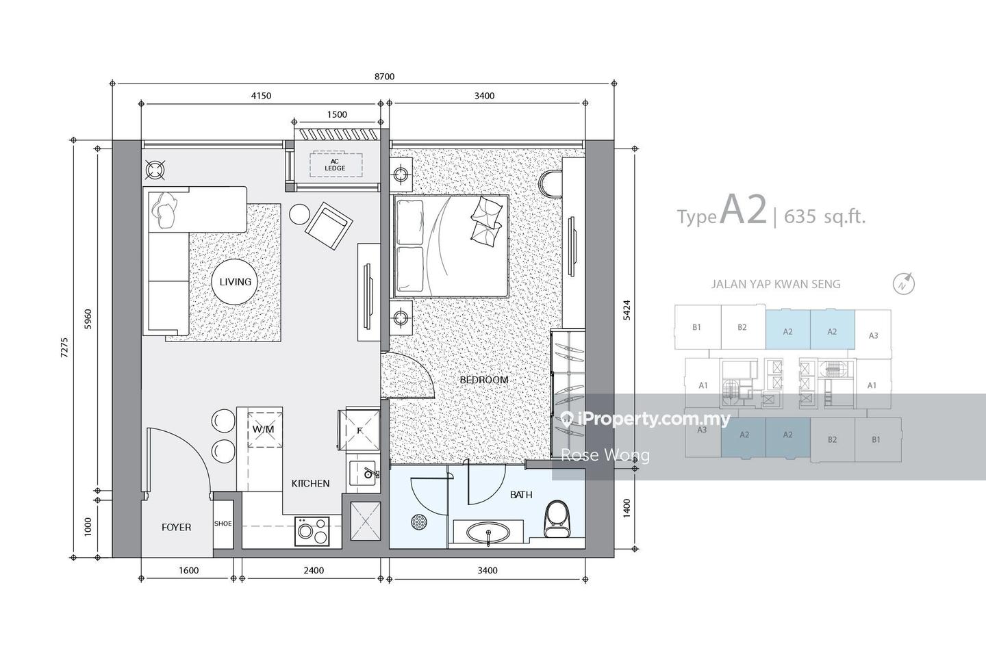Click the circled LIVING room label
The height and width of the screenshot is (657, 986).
[235, 281]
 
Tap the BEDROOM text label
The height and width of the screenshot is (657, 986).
[483, 380]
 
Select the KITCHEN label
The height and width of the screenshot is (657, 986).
[310, 483]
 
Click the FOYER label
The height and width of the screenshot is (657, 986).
[176, 527]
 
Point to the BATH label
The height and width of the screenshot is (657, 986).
[521, 495]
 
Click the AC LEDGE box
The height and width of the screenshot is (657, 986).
[335, 165]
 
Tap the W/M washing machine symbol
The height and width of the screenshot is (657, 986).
[263, 429]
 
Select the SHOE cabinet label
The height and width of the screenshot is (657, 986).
[223, 524]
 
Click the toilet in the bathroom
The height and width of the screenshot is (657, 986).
[556, 519]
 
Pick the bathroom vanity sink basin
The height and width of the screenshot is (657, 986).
[488, 532]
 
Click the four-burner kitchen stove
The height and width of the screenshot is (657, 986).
[312, 531]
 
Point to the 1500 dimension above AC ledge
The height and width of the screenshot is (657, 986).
[337, 115]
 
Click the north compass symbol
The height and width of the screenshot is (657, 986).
[905, 283]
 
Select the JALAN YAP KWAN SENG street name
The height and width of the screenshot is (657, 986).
[775, 284]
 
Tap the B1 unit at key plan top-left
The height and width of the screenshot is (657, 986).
[696, 327]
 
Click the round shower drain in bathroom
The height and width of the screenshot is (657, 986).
[419, 522]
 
